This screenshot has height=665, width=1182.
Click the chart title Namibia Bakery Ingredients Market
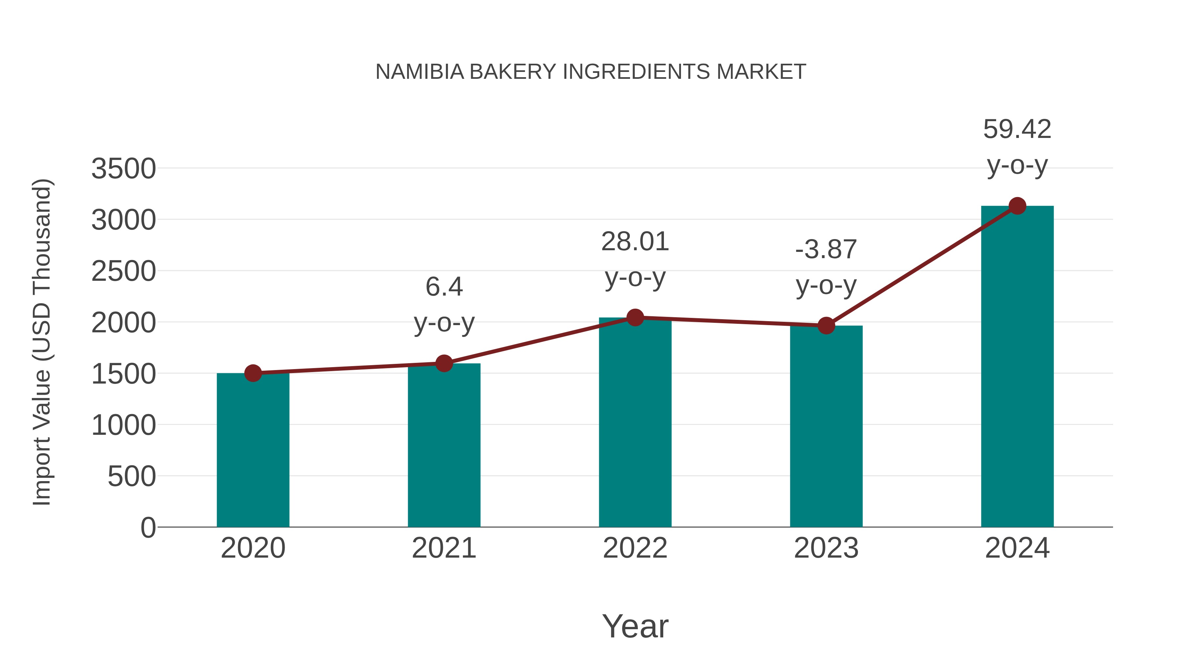tap(591, 72)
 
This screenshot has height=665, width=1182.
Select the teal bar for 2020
tap(253, 450)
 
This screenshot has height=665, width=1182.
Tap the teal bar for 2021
tap(444, 445)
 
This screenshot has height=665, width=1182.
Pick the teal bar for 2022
tap(635, 422)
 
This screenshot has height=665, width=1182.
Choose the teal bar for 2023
tap(826, 427)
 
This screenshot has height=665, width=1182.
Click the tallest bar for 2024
tap(1017, 367)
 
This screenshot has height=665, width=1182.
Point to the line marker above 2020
tap(253, 373)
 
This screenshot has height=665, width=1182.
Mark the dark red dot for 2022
tap(635, 317)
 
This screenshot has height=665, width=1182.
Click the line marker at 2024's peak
tap(1017, 206)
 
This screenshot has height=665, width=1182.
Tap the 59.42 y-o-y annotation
tap(1017, 147)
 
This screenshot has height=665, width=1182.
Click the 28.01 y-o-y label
tap(635, 259)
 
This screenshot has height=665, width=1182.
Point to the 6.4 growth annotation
tap(444, 304)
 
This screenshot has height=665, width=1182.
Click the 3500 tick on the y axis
tap(123, 169)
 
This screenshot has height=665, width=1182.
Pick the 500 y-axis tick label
tap(131, 477)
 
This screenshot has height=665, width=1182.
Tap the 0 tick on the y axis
tap(148, 528)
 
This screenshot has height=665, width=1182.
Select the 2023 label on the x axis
tap(826, 548)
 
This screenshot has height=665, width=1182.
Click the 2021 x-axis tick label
tap(444, 548)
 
